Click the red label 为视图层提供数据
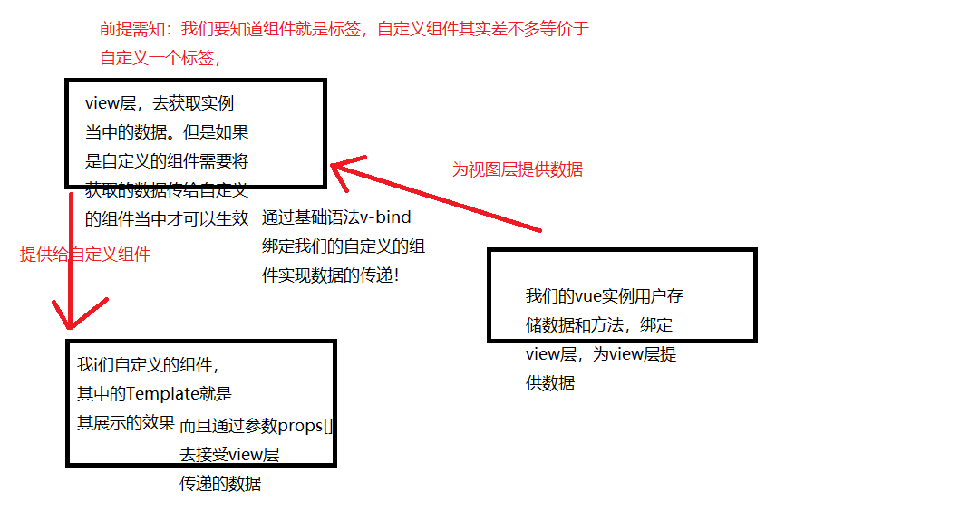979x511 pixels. click(x=517, y=169)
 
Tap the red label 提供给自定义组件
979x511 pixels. click(x=84, y=255)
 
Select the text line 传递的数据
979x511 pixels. click(x=220, y=484)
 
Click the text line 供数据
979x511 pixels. click(x=549, y=382)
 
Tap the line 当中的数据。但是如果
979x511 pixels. click(x=167, y=132)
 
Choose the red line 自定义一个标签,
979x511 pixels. click(x=160, y=58)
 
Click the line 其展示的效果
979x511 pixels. click(x=125, y=422)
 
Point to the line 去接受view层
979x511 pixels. click(x=228, y=455)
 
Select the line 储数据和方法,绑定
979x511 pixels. click(x=598, y=325)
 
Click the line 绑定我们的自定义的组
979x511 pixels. click(x=344, y=246)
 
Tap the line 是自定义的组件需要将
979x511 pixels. click(x=167, y=161)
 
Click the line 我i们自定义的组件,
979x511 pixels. click(x=148, y=365)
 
